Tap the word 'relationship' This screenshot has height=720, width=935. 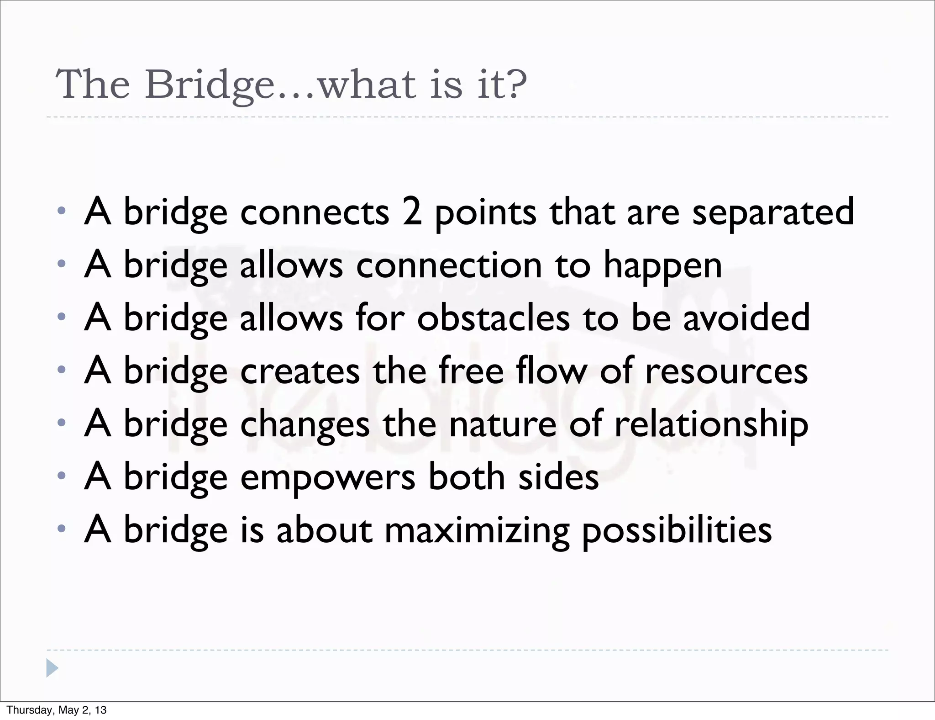point(711,425)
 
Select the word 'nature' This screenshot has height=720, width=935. point(503,425)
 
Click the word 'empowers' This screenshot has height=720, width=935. point(327,478)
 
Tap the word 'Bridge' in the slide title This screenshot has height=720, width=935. point(210,85)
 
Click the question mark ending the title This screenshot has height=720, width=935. point(517,84)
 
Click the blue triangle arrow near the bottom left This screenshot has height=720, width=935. point(52,668)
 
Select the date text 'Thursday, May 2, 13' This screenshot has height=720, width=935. point(57,710)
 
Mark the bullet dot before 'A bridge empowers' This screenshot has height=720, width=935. point(62,476)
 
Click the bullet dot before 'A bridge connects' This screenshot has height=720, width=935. point(62,211)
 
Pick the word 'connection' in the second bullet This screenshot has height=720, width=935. point(448,265)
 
